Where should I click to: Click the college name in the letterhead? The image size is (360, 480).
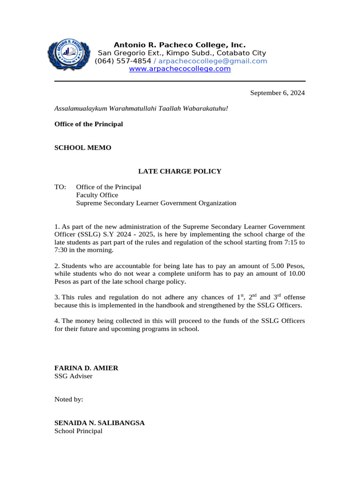tap(180, 45)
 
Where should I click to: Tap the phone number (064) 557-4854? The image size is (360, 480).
tap(123, 61)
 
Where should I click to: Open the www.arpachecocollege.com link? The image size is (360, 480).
tap(180, 69)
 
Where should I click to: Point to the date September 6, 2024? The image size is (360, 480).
tap(277, 93)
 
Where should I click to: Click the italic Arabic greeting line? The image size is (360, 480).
tap(141, 108)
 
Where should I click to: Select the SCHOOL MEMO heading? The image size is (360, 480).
tap(83, 148)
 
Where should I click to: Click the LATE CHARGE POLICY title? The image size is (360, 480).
tap(179, 172)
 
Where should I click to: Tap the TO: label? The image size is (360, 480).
tap(60, 187)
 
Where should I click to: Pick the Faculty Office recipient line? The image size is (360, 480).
tap(97, 195)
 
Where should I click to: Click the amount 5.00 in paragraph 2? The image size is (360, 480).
tap(279, 266)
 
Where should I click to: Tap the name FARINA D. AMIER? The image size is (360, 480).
tap(86, 368)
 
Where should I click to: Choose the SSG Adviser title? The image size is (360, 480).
tap(73, 376)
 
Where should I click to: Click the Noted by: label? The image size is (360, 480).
tap(68, 399)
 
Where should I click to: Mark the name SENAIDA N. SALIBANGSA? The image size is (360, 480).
tap(99, 423)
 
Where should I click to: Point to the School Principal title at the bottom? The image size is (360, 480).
tap(78, 431)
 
